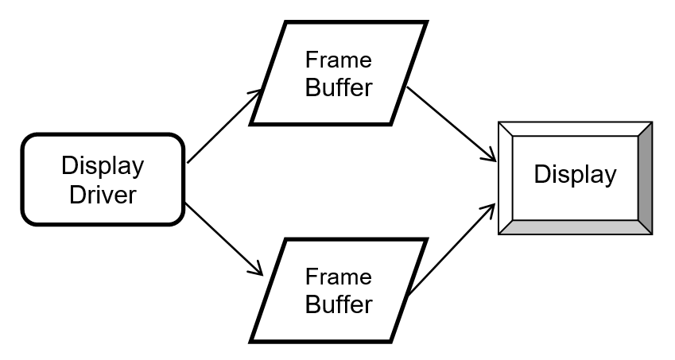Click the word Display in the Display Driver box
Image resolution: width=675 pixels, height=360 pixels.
point(103,166)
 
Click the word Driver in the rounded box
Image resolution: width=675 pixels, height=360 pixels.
point(103,194)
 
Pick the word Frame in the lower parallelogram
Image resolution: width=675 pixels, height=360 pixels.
point(339,277)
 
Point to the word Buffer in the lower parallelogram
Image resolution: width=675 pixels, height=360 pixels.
point(339,304)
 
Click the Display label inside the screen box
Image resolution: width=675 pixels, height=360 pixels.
point(575,175)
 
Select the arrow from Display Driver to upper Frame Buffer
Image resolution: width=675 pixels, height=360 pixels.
point(223,127)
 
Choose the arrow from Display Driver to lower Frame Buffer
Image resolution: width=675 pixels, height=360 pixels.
point(223,238)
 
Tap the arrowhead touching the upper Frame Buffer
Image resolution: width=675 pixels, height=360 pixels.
point(257,95)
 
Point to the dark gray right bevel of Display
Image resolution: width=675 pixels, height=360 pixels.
point(645,178)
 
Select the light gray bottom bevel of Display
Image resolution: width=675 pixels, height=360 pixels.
point(575,227)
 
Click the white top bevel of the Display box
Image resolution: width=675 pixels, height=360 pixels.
point(575,129)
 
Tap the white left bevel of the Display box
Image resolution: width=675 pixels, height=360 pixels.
point(506,178)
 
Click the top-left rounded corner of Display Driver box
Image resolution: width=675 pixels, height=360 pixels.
point(30,141)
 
